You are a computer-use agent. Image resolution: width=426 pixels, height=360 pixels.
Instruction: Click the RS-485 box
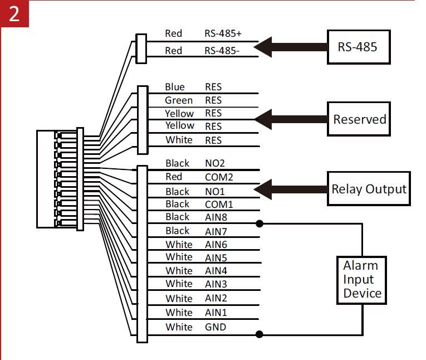tap(359, 47)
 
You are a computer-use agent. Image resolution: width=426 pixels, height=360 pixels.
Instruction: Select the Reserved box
tap(359, 119)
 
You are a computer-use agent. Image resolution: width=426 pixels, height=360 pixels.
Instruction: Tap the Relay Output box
tap(369, 188)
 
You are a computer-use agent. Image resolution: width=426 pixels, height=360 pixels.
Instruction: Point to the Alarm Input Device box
tap(361, 280)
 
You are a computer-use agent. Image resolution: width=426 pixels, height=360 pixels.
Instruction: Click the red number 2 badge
tap(14, 13)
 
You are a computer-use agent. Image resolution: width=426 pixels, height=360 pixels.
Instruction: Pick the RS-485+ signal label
tap(223, 33)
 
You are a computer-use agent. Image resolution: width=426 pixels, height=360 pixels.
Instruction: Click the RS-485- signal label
tap(222, 51)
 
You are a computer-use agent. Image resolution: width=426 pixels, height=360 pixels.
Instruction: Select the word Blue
tap(175, 87)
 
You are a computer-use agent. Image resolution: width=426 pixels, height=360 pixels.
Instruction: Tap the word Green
tap(179, 100)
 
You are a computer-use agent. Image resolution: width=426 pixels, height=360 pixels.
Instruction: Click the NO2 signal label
tap(214, 163)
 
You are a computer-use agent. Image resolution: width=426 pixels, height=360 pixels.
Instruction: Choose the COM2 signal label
tap(219, 177)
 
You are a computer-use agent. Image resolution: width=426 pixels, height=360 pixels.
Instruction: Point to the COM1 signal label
tap(219, 205)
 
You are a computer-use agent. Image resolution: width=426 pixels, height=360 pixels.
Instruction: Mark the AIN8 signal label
tap(216, 217)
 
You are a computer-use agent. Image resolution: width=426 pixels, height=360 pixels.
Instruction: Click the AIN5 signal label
tap(216, 258)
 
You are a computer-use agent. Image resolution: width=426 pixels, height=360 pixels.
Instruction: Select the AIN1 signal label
tap(216, 313)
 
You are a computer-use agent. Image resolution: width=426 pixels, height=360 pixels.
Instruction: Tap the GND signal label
tap(215, 327)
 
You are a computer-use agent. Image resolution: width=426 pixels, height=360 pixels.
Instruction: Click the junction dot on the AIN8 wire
tap(259, 223)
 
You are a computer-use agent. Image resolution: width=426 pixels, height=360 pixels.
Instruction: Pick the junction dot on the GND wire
tap(259, 334)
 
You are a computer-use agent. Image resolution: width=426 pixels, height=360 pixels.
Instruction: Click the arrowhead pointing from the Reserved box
tap(263, 119)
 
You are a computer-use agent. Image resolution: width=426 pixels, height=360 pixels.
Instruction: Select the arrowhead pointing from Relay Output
tap(263, 189)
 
